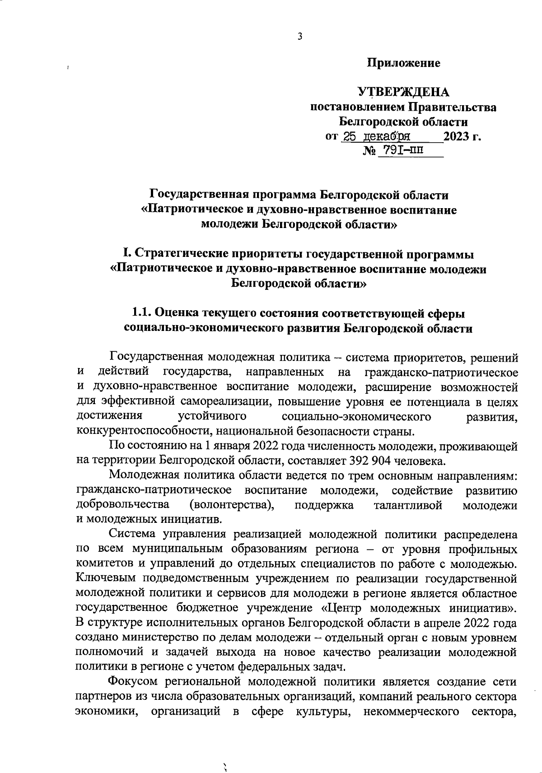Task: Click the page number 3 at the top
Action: [x=299, y=37]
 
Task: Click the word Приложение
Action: [x=403, y=63]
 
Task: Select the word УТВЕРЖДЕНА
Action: [x=403, y=93]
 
